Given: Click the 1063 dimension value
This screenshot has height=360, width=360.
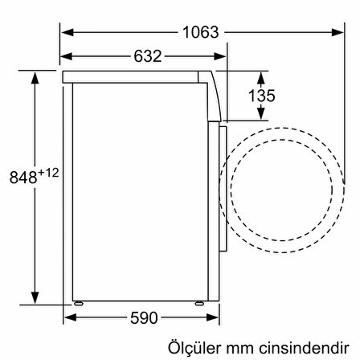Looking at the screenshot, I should pos(199,32).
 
